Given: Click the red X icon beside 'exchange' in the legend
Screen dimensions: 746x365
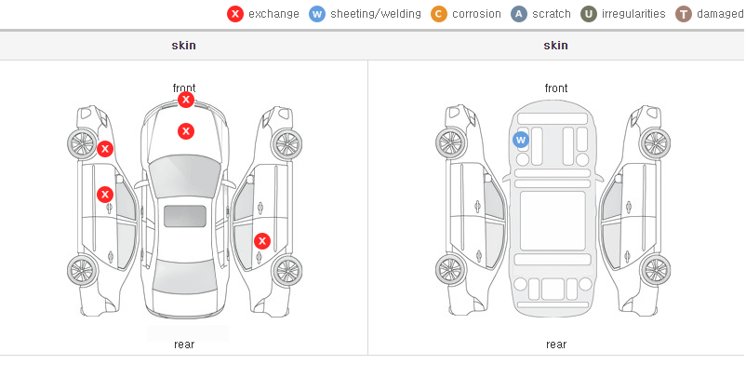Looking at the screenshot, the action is pyautogui.click(x=235, y=14).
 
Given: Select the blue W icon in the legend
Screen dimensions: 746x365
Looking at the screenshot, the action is pyautogui.click(x=317, y=14).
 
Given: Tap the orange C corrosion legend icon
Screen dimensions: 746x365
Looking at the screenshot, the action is pyautogui.click(x=439, y=14).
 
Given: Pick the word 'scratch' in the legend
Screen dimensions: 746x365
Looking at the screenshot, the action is pyautogui.click(x=552, y=14).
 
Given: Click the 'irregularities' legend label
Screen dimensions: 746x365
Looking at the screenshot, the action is pyautogui.click(x=633, y=14).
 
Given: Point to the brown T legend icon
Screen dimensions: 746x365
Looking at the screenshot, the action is pyautogui.click(x=683, y=14).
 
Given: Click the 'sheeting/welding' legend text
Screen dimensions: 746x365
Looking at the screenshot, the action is pyautogui.click(x=376, y=14).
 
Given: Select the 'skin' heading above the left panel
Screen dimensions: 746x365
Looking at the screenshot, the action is pyautogui.click(x=183, y=46).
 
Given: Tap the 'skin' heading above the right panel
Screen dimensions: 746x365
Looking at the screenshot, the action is pyautogui.click(x=555, y=46).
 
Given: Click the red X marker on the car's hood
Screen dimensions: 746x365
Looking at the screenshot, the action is pyautogui.click(x=186, y=131).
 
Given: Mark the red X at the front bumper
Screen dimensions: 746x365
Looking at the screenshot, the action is pyautogui.click(x=186, y=100).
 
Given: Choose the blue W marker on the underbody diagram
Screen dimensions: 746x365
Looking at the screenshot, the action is pyautogui.click(x=521, y=140).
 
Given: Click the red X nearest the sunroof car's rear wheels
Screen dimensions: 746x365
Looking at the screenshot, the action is pyautogui.click(x=262, y=241).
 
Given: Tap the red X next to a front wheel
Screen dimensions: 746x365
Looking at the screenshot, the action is pyautogui.click(x=105, y=149).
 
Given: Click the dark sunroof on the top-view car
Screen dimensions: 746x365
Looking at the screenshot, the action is pyautogui.click(x=185, y=216).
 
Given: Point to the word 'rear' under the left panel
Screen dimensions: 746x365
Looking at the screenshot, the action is pyautogui.click(x=184, y=345).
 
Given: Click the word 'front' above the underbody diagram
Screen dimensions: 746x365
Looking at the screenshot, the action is pyautogui.click(x=556, y=88).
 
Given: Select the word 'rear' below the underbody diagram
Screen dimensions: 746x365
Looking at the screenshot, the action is pyautogui.click(x=556, y=345).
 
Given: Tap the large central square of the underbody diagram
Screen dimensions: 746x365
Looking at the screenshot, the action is pyautogui.click(x=553, y=221).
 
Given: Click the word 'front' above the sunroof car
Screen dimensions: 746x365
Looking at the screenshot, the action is pyautogui.click(x=184, y=88).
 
